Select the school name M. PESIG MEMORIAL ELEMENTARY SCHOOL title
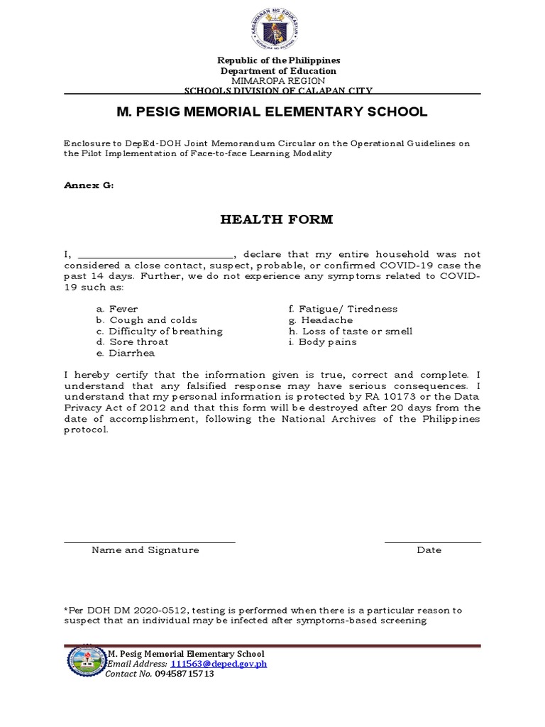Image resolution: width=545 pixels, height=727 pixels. pos(272,112)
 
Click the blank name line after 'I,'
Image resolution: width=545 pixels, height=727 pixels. pos(155,255)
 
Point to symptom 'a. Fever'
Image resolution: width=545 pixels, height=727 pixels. pos(117,309)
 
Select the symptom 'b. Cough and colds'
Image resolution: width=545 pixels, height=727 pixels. pos(147,320)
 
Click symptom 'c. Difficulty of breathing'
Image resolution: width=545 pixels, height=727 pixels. pos(160,331)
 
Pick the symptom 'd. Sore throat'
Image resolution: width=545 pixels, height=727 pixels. pos(133,341)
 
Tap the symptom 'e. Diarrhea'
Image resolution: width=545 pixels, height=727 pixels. pos(126,353)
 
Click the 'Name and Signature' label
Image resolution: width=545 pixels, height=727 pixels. pos(145,550)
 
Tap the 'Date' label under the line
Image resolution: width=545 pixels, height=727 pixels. pos(429,550)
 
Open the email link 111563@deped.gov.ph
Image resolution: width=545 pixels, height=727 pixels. pos(219,664)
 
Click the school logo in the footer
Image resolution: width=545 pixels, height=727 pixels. pos(85,662)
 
